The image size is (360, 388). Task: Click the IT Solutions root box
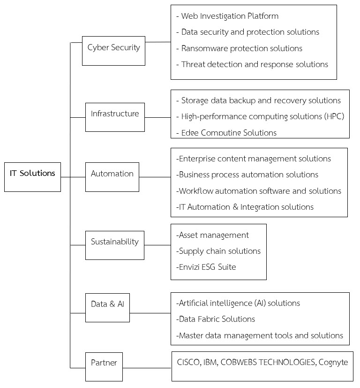point(32,176)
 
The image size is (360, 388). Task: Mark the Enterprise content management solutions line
point(254,159)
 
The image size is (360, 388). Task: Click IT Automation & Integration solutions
point(245,207)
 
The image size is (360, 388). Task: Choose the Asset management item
point(212,235)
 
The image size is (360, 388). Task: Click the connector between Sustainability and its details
point(157,245)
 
